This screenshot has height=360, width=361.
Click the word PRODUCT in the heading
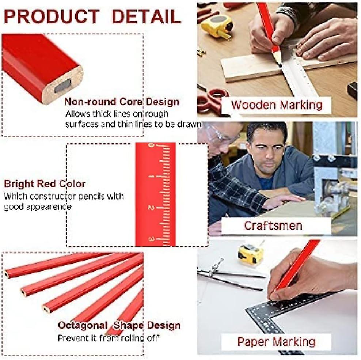(52, 17)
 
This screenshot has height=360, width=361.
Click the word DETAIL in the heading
(147, 17)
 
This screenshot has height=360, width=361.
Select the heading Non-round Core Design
(122, 102)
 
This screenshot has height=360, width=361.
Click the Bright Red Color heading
(45, 184)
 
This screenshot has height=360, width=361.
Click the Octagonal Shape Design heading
(119, 325)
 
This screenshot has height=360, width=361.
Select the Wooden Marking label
(277, 105)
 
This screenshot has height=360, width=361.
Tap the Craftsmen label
(273, 225)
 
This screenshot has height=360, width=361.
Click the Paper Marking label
(276, 342)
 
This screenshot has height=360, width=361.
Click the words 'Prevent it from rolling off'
(109, 338)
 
